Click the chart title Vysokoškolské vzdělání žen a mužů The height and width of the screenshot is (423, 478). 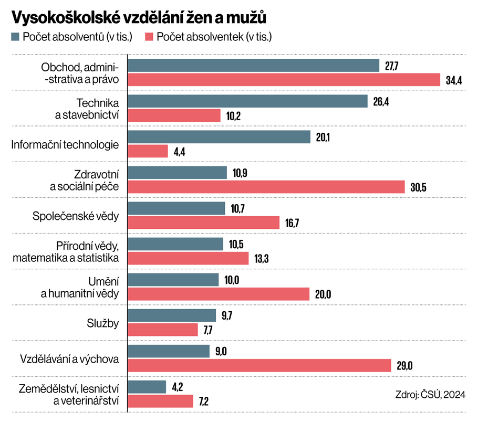click(x=139, y=17)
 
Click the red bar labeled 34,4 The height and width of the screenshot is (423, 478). click(x=284, y=80)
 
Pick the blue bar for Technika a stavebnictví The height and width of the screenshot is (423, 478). click(x=248, y=101)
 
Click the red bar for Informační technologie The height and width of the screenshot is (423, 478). click(x=148, y=151)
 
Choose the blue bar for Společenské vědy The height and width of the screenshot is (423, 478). click(x=176, y=208)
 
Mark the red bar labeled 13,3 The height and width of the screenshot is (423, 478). click(x=189, y=258)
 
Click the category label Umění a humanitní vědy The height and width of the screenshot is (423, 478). click(x=80, y=287)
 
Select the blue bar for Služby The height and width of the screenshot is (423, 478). click(x=172, y=315)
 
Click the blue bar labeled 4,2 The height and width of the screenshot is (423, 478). click(x=147, y=387)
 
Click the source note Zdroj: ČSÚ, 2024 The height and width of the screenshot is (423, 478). click(x=429, y=394)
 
